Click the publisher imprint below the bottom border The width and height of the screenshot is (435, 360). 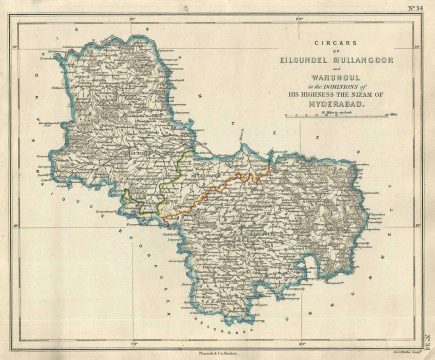(x=213, y=350)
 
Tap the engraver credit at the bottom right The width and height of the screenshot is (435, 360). (x=392, y=349)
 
